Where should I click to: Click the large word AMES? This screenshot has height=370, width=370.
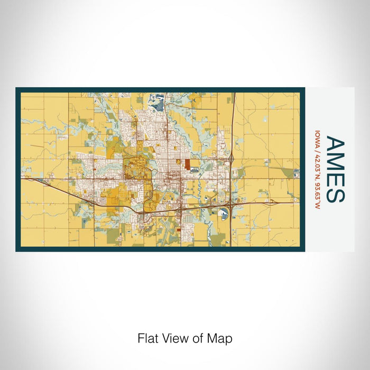pyautogui.click(x=335, y=169)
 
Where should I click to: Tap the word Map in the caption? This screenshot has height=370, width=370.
pyautogui.click(x=221, y=338)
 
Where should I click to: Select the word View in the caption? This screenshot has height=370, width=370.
pyautogui.click(x=177, y=338)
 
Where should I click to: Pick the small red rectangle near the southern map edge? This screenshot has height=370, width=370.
pyautogui.click(x=178, y=231)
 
